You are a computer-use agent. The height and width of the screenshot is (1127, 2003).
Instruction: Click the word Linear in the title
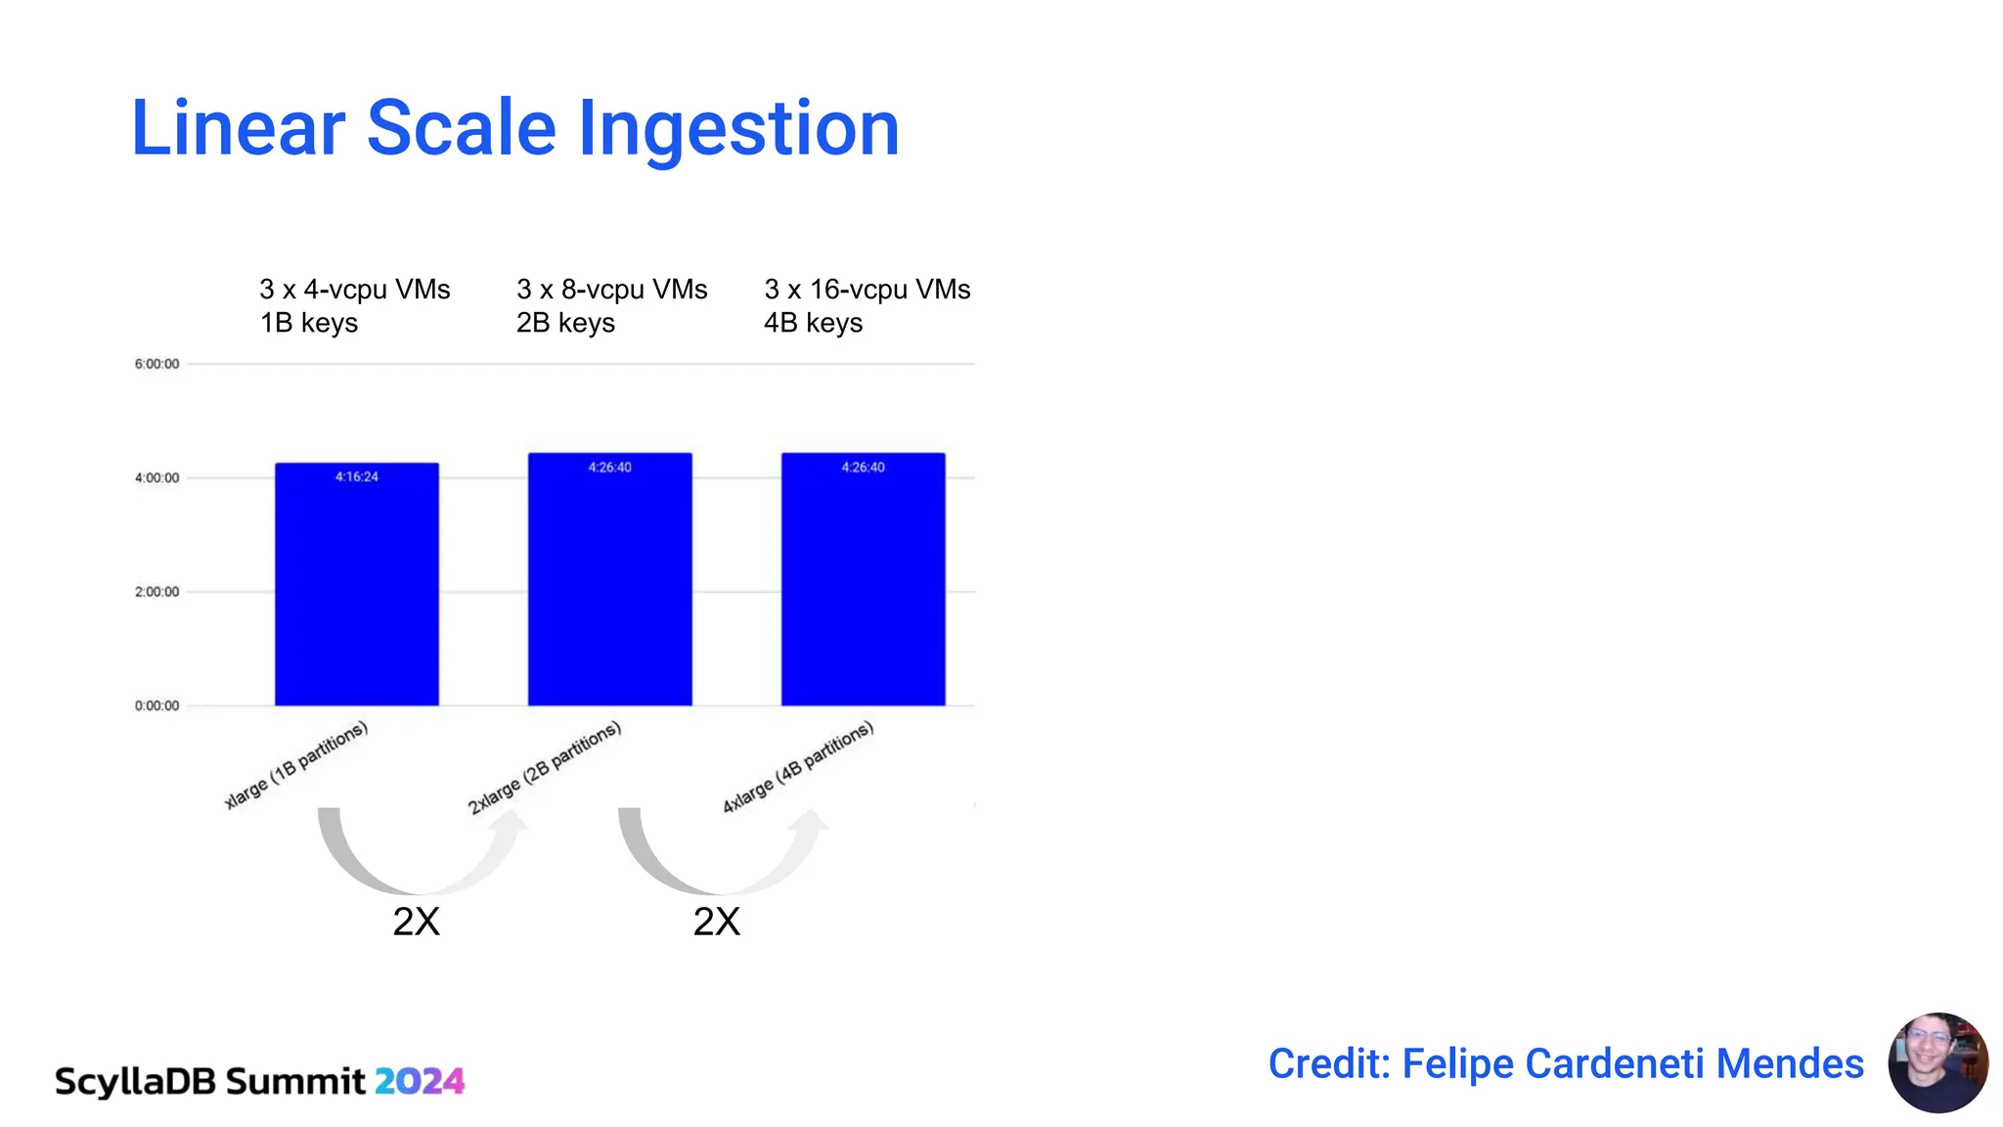(x=238, y=129)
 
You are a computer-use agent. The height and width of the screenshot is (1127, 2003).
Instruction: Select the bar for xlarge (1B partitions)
(x=356, y=587)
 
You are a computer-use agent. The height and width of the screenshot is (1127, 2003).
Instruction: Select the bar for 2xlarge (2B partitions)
(x=609, y=587)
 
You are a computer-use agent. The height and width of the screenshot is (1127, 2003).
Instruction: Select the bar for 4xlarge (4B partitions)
(x=863, y=587)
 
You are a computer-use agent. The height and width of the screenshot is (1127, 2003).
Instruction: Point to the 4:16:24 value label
(x=356, y=477)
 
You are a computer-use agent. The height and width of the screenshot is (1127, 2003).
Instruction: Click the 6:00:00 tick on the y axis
(x=156, y=364)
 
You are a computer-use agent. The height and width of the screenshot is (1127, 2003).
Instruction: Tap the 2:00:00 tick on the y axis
(x=156, y=592)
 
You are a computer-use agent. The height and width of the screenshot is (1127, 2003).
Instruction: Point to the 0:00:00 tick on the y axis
(x=156, y=705)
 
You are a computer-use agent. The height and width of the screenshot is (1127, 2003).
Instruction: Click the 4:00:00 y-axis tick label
(x=156, y=478)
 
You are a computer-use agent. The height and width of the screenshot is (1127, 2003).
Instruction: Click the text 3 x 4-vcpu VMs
(x=354, y=290)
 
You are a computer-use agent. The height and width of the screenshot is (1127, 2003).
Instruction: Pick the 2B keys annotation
(x=565, y=323)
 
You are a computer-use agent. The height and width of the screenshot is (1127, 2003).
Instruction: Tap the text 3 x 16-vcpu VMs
(x=867, y=290)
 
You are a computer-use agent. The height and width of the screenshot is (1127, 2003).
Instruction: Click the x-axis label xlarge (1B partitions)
(x=296, y=765)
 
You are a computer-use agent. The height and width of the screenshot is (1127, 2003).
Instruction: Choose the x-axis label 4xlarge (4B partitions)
(x=798, y=767)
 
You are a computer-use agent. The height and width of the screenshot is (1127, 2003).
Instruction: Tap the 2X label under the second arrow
(x=716, y=922)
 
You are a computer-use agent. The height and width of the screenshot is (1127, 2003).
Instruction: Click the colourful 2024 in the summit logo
(x=419, y=1081)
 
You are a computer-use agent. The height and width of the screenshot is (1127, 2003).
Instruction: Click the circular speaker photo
(x=1937, y=1062)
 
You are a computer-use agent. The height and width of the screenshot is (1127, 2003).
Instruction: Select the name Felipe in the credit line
(x=1458, y=1064)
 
